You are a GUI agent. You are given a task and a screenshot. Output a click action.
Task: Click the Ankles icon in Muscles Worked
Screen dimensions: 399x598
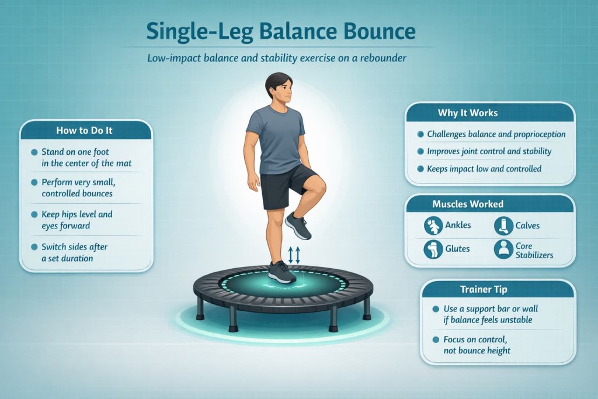[x=433, y=225]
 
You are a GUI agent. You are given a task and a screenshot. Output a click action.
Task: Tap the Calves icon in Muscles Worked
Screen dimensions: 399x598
[x=503, y=225]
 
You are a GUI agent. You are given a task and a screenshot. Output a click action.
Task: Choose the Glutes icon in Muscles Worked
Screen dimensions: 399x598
[x=433, y=249]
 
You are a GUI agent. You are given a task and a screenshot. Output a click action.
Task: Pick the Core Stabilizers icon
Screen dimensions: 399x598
[x=503, y=249]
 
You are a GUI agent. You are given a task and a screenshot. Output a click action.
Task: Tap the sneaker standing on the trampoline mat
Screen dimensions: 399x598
[x=281, y=272]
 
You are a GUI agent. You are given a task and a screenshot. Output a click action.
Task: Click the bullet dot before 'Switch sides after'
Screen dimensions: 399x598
[x=34, y=247]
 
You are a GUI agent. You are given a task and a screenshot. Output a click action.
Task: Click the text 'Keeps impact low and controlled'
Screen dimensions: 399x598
[x=484, y=169]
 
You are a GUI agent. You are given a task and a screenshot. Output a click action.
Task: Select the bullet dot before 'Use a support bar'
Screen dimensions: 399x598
[x=434, y=308]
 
